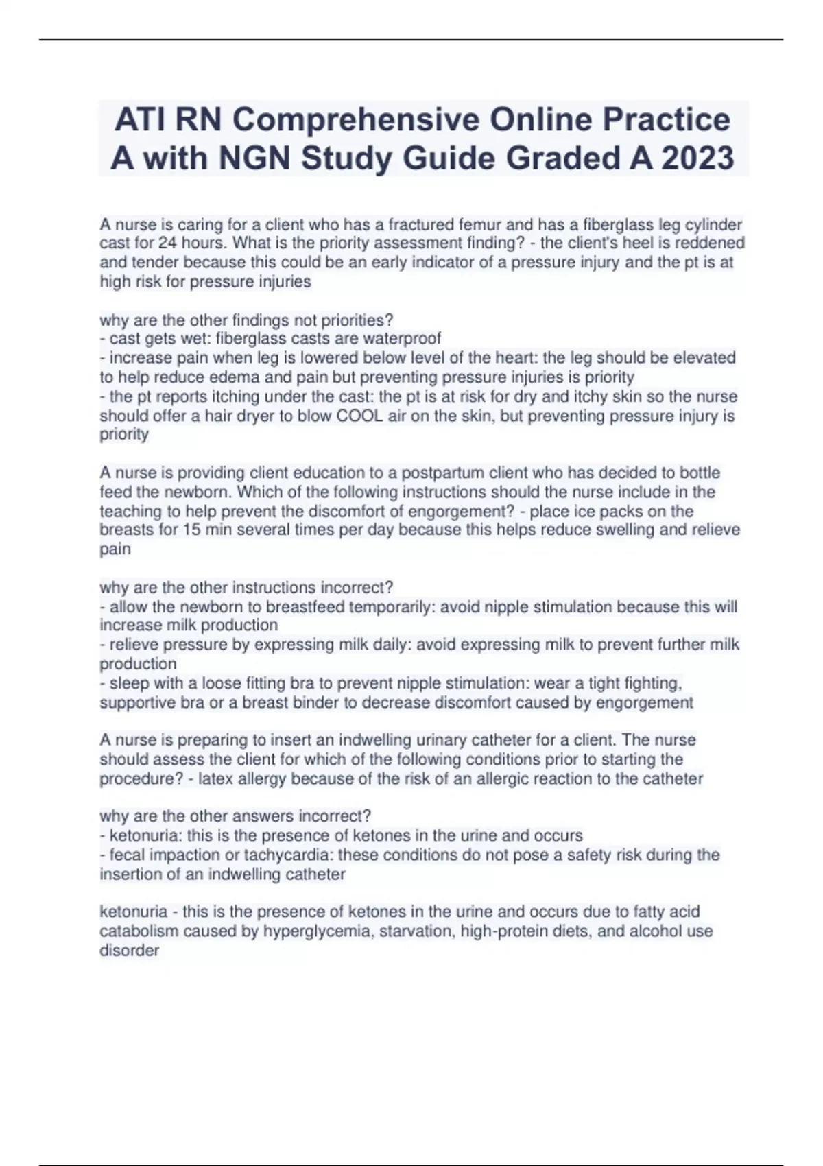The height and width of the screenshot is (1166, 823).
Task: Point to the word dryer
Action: coord(250,416)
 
